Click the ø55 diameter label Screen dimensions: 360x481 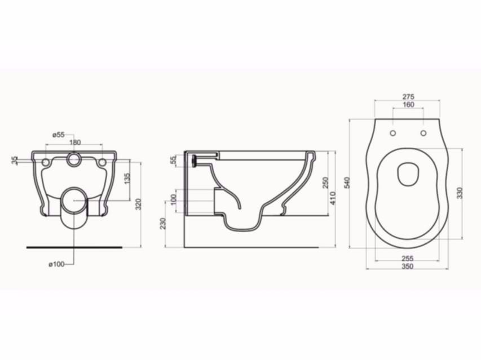point(59,135)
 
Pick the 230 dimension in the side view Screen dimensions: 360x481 point(163,224)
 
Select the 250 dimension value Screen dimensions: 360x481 point(325,184)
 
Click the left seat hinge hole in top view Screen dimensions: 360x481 point(392,133)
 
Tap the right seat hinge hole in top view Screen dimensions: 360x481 point(422,133)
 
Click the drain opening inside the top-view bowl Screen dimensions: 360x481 point(407,175)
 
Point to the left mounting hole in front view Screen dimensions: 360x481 point(46,162)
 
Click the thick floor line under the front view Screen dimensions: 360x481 point(74,247)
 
